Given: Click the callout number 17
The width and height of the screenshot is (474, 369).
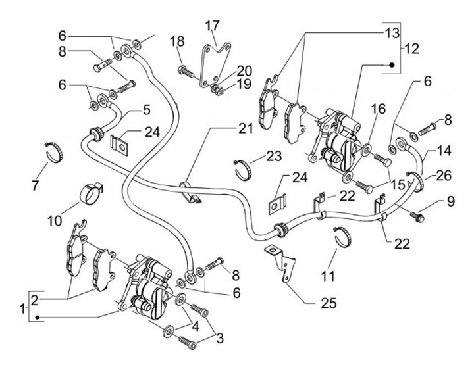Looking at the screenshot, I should [211, 26].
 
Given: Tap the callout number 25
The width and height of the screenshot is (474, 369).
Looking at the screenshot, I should [329, 303].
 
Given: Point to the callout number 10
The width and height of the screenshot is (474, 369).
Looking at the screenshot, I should [54, 217].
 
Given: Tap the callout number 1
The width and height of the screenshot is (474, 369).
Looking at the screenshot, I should [23, 308].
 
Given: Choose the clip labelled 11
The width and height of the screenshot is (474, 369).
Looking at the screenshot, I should [342, 235].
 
